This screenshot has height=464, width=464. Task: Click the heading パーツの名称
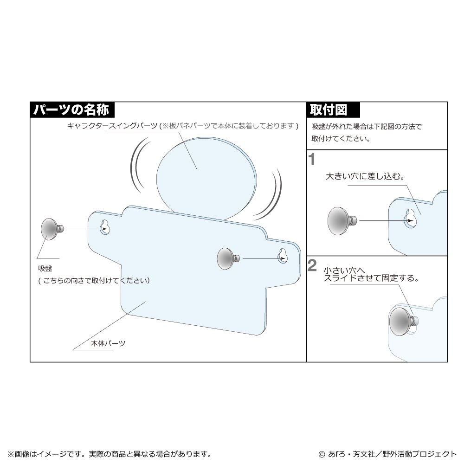tap(71, 110)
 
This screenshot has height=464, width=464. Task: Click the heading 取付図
tap(328, 110)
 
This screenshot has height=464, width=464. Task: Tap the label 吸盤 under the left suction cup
tap(45, 268)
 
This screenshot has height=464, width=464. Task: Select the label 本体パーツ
tap(108, 343)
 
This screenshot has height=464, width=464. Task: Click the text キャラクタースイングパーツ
tap(112, 126)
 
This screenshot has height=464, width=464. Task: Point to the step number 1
tap(312, 160)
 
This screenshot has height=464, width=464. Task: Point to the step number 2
tap(312, 265)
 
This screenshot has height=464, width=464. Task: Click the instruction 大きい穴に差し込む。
tap(365, 176)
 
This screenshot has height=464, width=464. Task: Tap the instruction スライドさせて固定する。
tap(371, 278)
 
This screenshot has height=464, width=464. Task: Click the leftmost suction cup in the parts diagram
tap(52, 228)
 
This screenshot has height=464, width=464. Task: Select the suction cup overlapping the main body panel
tap(228, 258)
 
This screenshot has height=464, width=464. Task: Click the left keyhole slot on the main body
tap(104, 227)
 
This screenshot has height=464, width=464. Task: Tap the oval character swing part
tap(206, 179)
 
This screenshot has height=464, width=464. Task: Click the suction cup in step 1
tap(342, 221)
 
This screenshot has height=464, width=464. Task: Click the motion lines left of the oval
tap(139, 164)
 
